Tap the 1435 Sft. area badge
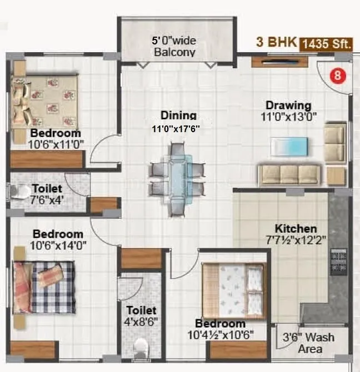coord(327,45)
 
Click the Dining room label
coord(178,115)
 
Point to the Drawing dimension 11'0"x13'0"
coord(288,117)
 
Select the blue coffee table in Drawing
coord(288,146)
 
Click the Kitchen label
coord(296,228)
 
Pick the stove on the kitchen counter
coord(338,261)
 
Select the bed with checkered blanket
coord(44,286)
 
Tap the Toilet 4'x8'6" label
coord(141,315)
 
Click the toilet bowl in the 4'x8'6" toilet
coord(141,349)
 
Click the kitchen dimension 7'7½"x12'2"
coord(296,240)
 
